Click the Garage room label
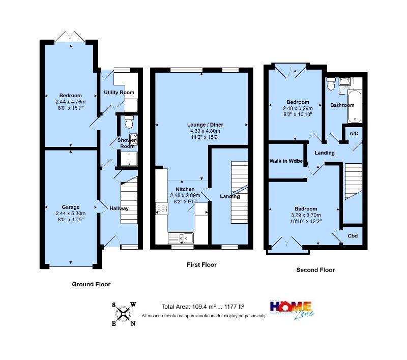tap(70, 207)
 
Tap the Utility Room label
tap(119, 93)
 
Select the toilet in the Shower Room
tap(129, 122)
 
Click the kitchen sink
tap(181, 238)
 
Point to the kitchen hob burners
tap(161, 208)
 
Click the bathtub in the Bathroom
tap(355, 106)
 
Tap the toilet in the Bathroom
tap(331, 84)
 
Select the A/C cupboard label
tap(354, 134)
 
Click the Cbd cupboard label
tap(353, 236)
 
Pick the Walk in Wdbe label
tap(286, 161)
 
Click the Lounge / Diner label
tap(205, 125)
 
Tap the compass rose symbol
tap(124, 314)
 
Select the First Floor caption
tap(201, 265)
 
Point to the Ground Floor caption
tap(91, 284)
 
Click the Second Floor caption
tap(315, 270)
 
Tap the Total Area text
tap(202, 307)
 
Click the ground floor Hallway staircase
tap(129, 200)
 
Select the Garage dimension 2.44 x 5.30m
tap(71, 214)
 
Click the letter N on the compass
tap(133, 323)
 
